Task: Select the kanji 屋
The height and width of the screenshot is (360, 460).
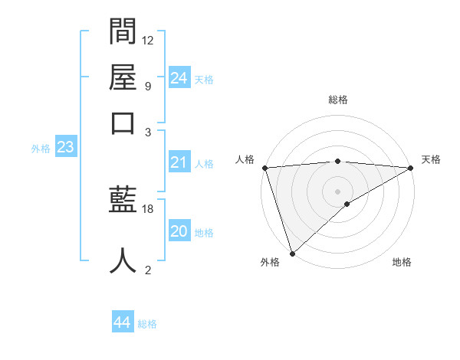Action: (123, 78)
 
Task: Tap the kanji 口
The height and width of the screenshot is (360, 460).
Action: (123, 123)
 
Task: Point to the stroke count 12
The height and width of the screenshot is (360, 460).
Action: (148, 40)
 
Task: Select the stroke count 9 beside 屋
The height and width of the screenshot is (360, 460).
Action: (147, 87)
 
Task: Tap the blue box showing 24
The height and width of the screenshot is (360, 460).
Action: (179, 77)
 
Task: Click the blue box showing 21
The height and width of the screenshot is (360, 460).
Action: (179, 162)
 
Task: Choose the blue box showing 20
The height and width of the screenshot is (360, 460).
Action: (179, 231)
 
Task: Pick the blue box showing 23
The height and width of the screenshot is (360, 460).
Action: (64, 148)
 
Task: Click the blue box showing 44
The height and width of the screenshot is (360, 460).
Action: (122, 322)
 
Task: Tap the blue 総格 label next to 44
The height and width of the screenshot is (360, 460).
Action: (147, 324)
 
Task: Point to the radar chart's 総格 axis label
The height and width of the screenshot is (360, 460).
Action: (337, 100)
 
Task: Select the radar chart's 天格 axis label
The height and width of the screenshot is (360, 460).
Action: (431, 159)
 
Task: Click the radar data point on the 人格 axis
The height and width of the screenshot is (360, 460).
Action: (264, 168)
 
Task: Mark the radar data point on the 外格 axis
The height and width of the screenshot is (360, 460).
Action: (292, 253)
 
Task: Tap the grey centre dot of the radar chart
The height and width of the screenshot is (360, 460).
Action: (337, 191)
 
